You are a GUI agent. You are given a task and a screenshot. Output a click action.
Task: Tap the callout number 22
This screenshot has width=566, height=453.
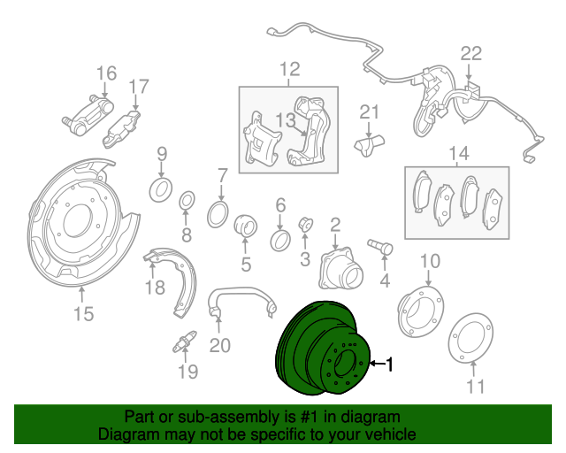pos(470,53)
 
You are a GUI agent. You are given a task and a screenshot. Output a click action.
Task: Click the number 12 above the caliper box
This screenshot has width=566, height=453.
pos(289,69)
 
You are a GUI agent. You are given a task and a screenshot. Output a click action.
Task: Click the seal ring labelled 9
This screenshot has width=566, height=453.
pos(161,188)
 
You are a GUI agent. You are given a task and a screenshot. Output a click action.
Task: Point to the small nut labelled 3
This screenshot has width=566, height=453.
pos(305,224)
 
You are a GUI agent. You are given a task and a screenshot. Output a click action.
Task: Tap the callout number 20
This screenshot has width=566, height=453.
pos(219,344)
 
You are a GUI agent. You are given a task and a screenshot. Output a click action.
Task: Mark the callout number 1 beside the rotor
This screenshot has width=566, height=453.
pos(388,363)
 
